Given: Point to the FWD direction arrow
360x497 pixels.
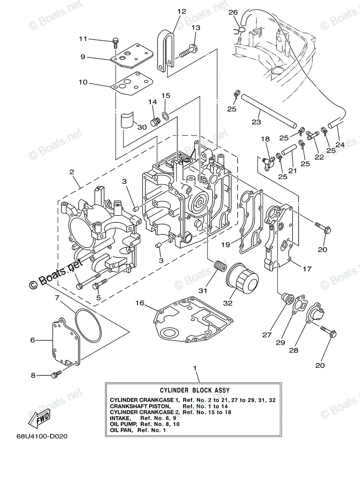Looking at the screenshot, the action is click(40, 419).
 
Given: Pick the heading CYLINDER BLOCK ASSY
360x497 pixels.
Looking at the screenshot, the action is click(195, 390).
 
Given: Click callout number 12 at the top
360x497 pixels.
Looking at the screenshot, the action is click(181, 11).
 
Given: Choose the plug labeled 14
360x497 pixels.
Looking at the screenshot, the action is click(155, 122).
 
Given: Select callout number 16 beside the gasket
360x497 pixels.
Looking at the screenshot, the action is click(140, 303).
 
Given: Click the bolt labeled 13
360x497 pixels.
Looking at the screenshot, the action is click(188, 51).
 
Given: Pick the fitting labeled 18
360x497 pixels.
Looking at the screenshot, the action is click(268, 163).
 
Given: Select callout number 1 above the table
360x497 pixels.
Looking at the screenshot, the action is click(195, 368).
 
